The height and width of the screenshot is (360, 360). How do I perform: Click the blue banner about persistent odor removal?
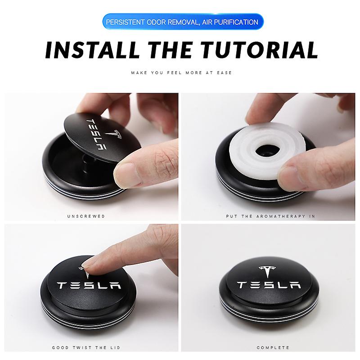point(180,22)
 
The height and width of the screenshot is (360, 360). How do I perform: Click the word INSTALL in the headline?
point(87,51)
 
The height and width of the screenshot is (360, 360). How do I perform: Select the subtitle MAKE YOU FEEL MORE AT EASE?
point(180,72)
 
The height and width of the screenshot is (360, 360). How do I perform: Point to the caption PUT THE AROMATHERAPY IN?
point(270,216)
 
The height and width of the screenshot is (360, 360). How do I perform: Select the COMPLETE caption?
point(270,347)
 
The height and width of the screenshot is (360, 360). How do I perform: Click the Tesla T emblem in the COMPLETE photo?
point(269,272)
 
